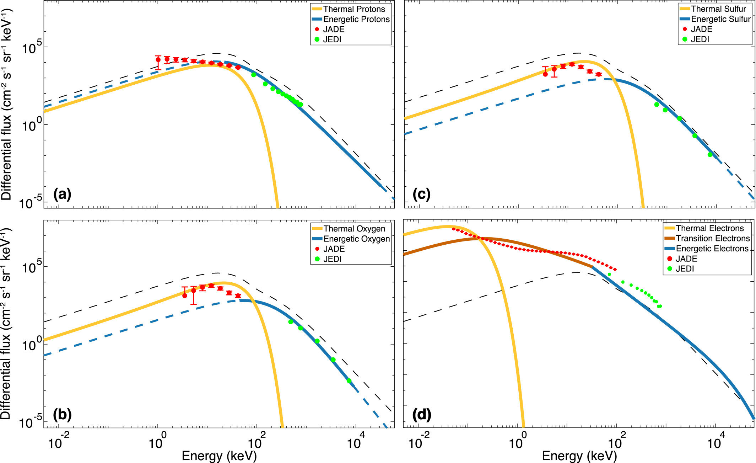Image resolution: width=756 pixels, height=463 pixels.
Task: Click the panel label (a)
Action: click(62, 195)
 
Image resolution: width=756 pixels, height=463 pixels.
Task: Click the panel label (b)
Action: click(62, 415)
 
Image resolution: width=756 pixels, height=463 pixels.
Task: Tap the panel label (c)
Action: click(421, 195)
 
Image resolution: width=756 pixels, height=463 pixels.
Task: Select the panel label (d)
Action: click(422, 415)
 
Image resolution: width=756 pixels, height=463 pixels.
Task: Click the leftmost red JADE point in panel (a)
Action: click(158, 59)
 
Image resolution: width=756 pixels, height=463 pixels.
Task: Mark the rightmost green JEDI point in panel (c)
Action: click(710, 155)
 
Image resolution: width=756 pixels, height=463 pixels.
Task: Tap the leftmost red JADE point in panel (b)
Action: click(185, 296)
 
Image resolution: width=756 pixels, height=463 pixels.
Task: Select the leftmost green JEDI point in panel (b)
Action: click(291, 322)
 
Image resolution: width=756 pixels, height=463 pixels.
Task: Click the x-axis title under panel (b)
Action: click(219, 456)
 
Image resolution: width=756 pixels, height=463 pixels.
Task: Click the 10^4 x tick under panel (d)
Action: click(714, 443)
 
